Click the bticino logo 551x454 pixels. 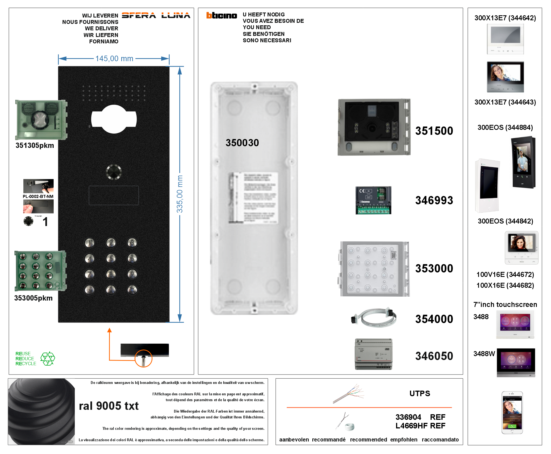221,16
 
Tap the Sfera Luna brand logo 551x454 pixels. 156,16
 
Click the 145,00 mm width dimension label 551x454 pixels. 114,59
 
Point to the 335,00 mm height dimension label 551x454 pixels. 180,194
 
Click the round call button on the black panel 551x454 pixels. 114,172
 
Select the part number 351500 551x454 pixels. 434,131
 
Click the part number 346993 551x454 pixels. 434,200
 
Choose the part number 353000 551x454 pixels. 434,269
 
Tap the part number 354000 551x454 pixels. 434,319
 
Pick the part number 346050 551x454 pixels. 434,356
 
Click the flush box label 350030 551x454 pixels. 242,143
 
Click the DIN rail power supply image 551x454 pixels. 374,354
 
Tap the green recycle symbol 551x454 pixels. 48,359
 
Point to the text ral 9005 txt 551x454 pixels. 108,406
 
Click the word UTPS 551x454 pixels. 419,394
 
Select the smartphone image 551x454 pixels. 512,413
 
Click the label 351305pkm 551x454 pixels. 35,146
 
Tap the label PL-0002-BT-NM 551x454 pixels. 38,197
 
